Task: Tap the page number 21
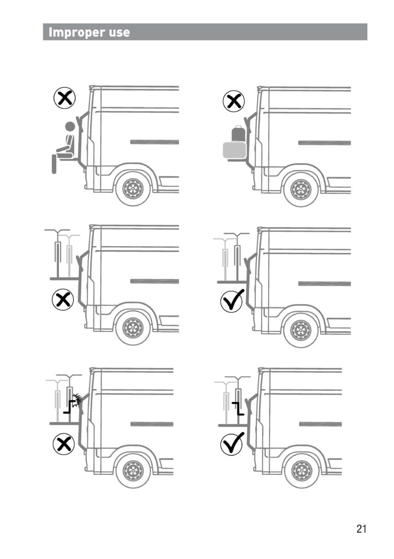[361, 528]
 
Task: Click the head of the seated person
[70, 126]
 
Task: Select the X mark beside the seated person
[64, 98]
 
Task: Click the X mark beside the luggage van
[234, 101]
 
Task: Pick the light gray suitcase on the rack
[235, 150]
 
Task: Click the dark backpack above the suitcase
[238, 134]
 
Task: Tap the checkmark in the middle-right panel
[232, 301]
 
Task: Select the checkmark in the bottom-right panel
[232, 443]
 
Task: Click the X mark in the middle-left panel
[63, 300]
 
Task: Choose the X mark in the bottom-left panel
[64, 444]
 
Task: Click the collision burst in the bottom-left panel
[77, 398]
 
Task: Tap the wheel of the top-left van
[133, 188]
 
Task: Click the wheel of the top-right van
[301, 190]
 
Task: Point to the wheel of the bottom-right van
[302, 471]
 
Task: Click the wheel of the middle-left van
[133, 328]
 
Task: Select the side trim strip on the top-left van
[154, 142]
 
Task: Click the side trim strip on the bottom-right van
[321, 424]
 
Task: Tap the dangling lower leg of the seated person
[54, 164]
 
